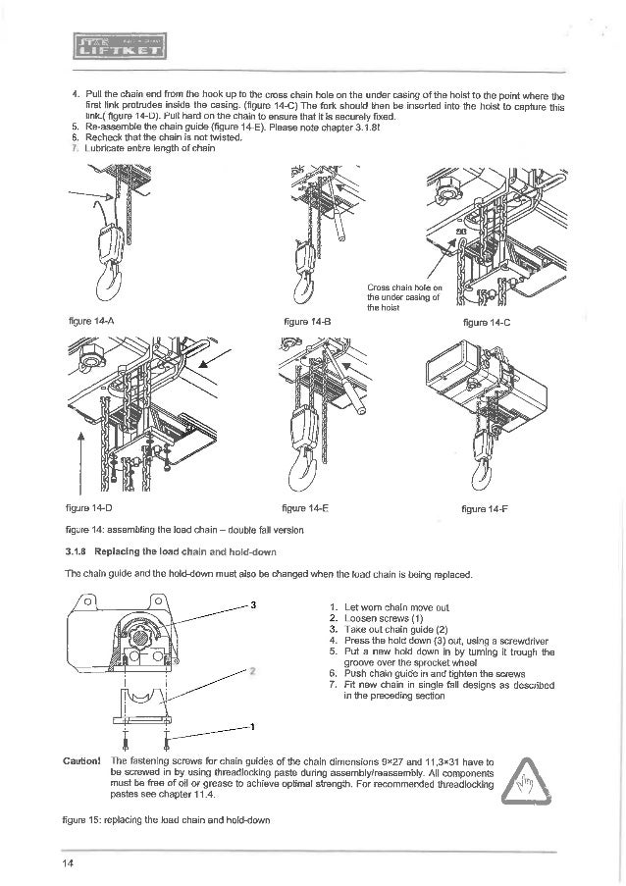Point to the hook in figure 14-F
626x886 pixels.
(x=480, y=473)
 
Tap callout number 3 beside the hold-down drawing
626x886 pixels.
(x=254, y=604)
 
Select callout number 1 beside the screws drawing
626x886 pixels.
(x=253, y=727)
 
